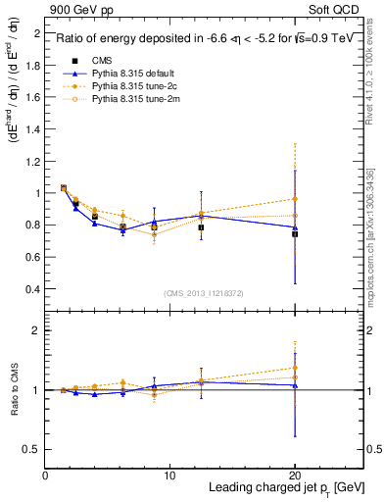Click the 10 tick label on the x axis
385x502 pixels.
[x=169, y=476]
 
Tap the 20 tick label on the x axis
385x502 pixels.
[x=294, y=476]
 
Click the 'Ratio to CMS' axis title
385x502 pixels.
[x=14, y=392]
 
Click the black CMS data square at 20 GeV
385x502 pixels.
[x=295, y=234]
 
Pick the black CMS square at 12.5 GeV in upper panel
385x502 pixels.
[x=201, y=227]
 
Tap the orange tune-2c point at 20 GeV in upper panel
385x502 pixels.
[x=295, y=199]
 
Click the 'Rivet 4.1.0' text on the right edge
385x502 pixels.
[x=376, y=78]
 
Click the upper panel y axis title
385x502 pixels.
[x=14, y=167]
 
